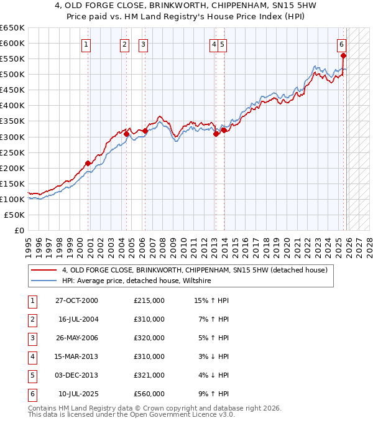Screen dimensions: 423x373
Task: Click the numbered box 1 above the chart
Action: (x=85, y=44)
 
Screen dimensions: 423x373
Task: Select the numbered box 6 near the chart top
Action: (x=342, y=44)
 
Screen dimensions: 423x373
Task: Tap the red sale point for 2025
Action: (x=344, y=56)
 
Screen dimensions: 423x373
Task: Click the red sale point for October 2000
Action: (x=88, y=163)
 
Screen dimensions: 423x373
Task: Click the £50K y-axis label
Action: (x=14, y=215)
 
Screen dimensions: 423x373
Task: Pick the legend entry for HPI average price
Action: (x=137, y=281)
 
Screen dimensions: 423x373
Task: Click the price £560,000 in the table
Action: (x=149, y=394)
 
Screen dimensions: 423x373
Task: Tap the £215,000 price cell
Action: (x=149, y=300)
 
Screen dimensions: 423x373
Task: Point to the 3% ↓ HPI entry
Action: (x=213, y=356)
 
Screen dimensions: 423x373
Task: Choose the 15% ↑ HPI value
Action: (x=212, y=300)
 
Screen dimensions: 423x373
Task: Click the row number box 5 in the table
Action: (x=31, y=375)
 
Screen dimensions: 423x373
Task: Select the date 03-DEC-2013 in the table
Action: (x=77, y=375)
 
